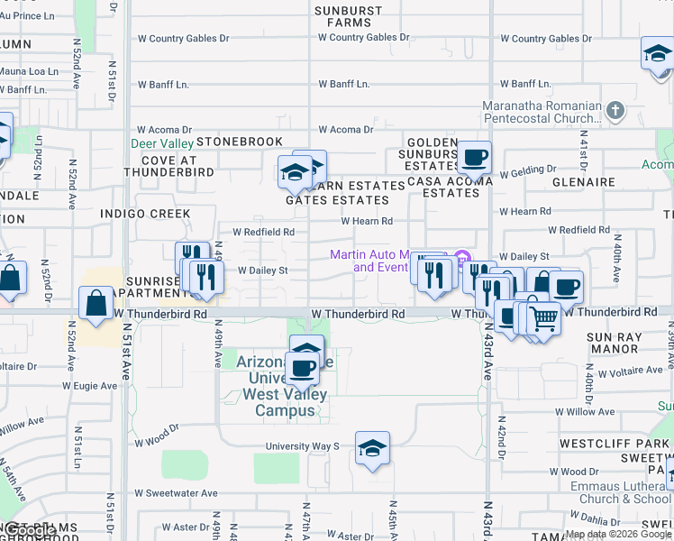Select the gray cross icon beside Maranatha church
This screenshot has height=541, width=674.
(615, 111)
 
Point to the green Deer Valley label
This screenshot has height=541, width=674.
(162, 143)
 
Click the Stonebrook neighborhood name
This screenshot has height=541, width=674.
(239, 142)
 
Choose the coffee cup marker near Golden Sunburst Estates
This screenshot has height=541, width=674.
(475, 159)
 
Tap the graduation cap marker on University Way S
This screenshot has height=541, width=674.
(371, 449)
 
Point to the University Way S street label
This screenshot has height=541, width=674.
(302, 446)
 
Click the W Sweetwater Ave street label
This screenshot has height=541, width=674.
(177, 493)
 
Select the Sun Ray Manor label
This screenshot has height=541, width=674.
(613, 343)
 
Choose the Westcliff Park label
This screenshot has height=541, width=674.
(614, 444)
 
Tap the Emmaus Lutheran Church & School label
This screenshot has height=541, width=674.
(624, 492)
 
